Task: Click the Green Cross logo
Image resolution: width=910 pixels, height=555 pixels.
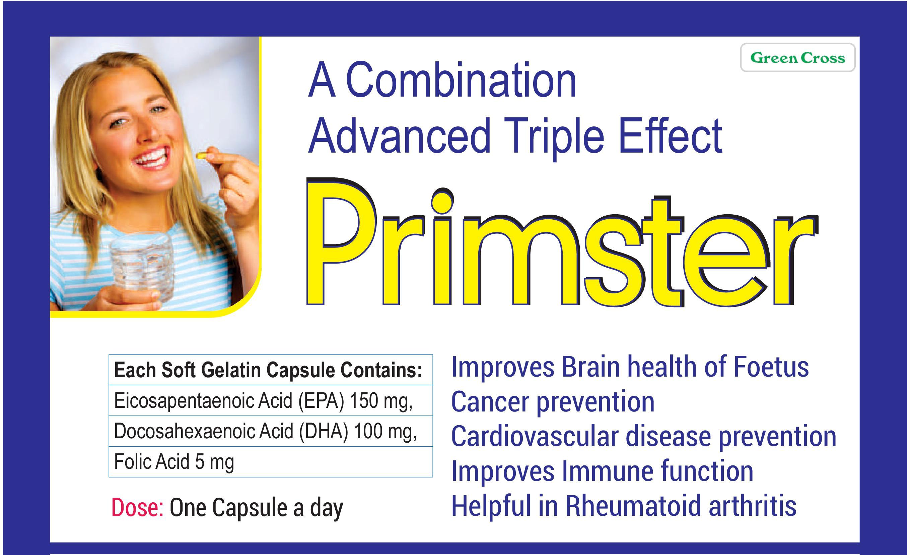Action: pos(798,58)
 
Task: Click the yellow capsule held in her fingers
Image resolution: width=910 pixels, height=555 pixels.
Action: pos(201,155)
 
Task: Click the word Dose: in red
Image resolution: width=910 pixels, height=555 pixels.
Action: pos(137,507)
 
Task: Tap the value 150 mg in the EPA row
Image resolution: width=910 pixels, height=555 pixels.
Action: pos(380,400)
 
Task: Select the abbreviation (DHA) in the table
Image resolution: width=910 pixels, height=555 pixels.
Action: pos(324,431)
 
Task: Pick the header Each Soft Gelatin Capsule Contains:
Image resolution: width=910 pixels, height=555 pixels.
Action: pos(268,370)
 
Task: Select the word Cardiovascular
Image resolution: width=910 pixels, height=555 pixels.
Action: pos(535,436)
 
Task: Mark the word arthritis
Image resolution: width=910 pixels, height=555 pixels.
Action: pos(752,505)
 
